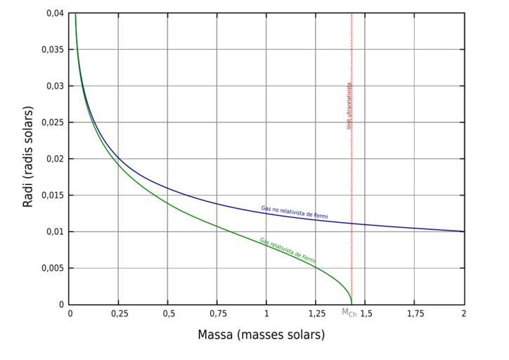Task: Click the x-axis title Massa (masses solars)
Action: coord(261,335)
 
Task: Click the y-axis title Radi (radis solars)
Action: coord(28,157)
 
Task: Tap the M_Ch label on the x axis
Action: coord(349,312)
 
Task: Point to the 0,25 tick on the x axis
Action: coord(119,312)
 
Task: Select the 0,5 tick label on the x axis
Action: coord(168,312)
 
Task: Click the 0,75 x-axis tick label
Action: coord(217,312)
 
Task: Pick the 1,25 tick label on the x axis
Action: coord(316,312)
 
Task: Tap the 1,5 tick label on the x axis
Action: coord(366,312)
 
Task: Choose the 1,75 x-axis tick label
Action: coord(415,312)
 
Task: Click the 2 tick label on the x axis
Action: coord(464,312)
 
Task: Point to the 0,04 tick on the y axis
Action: coord(55,13)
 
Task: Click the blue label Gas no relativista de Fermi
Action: coord(294,212)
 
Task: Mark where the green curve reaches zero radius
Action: coord(352,304)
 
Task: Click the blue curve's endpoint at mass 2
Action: coord(464,231)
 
